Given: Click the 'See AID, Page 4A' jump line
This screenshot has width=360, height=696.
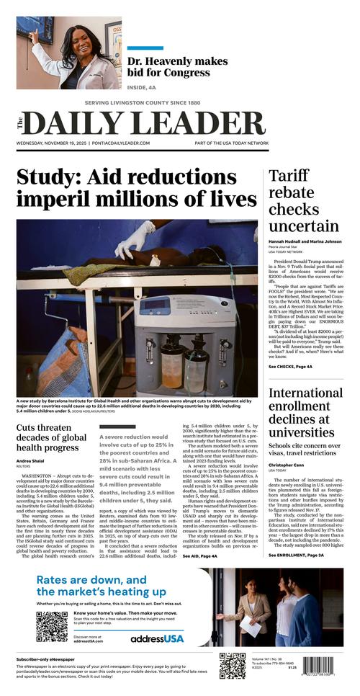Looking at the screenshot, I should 199,556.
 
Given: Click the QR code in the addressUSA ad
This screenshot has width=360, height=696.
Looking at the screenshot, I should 51,627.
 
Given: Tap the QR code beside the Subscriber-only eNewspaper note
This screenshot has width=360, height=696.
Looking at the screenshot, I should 232,666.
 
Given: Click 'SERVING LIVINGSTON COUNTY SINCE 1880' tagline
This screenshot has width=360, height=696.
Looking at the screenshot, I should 143,102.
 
